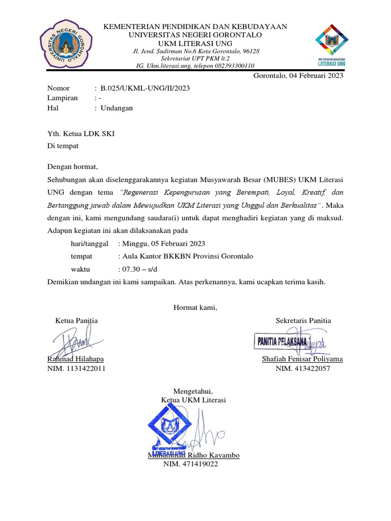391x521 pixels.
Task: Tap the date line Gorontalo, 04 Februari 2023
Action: [x=298, y=77]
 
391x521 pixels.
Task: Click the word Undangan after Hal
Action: [x=117, y=108]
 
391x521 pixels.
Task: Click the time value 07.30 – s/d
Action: [x=136, y=269]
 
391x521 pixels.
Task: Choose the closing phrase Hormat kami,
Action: [x=195, y=307]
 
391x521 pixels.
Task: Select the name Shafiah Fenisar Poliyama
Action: [x=302, y=359]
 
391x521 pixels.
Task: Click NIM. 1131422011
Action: [x=76, y=369]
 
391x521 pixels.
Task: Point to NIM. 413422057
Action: [x=302, y=369]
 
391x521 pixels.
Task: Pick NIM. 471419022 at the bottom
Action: [x=190, y=465]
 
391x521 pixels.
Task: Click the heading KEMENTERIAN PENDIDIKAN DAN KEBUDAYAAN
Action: [x=195, y=26]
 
